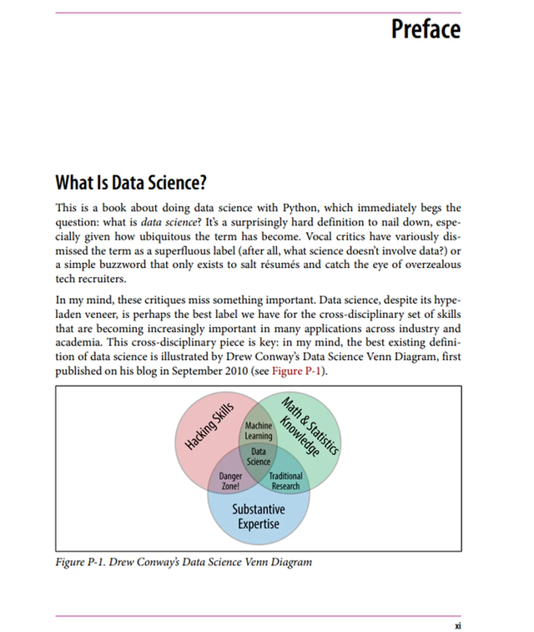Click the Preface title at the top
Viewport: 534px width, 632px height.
pyautogui.click(x=425, y=28)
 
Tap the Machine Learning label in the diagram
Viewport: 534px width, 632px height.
pyautogui.click(x=259, y=432)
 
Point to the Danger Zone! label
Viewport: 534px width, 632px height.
pyautogui.click(x=229, y=481)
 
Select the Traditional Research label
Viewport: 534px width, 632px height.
pyautogui.click(x=285, y=481)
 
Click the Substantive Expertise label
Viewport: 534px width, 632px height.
pyautogui.click(x=258, y=517)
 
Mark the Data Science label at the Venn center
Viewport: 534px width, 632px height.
pyautogui.click(x=259, y=456)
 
